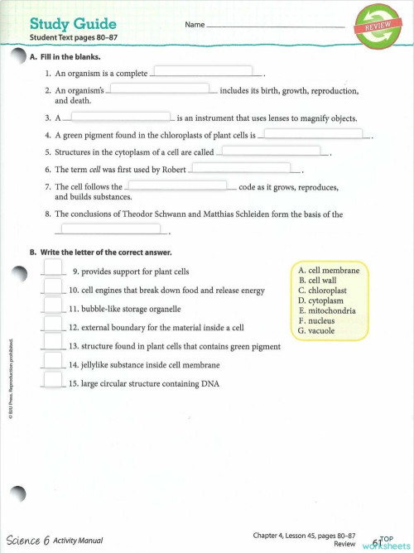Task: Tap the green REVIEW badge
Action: pyautogui.click(x=374, y=27)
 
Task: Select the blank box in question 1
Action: pyautogui.click(x=203, y=71)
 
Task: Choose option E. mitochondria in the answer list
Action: pyautogui.click(x=326, y=311)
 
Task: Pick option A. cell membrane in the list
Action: pyautogui.click(x=328, y=271)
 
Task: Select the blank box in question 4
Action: pyautogui.click(x=313, y=133)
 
